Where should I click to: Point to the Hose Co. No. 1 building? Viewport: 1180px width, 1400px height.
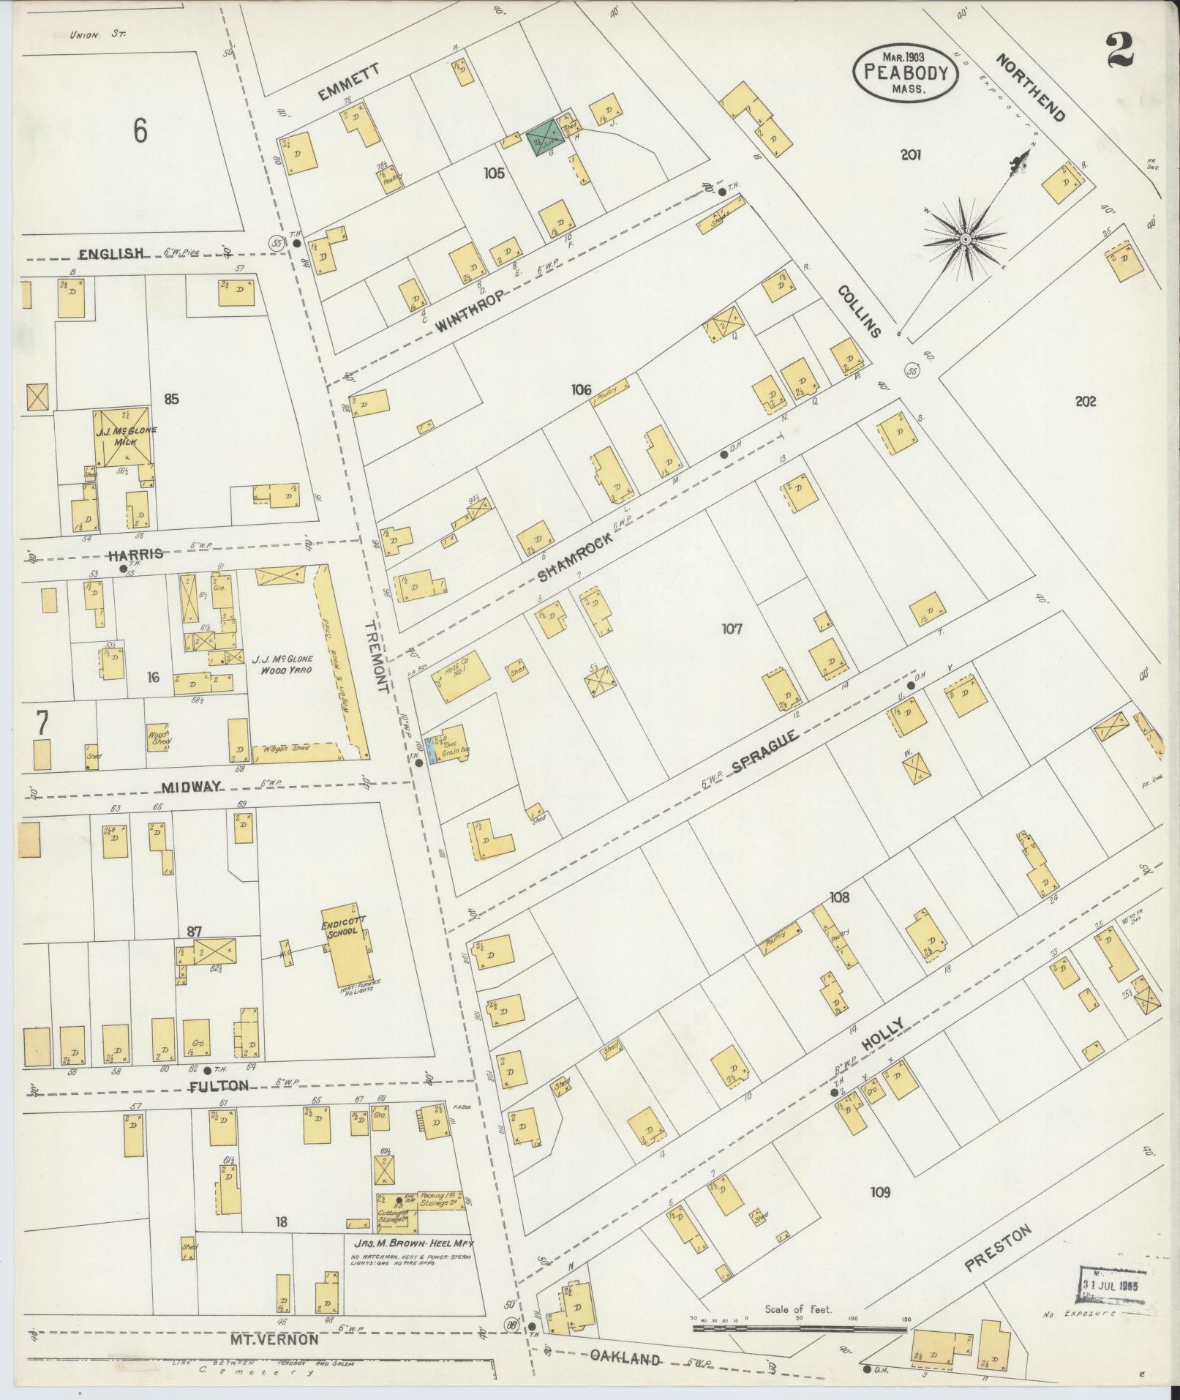pyautogui.click(x=459, y=676)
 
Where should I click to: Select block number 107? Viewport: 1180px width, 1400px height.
pyautogui.click(x=732, y=629)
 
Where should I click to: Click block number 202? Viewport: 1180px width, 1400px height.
pyautogui.click(x=1086, y=401)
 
